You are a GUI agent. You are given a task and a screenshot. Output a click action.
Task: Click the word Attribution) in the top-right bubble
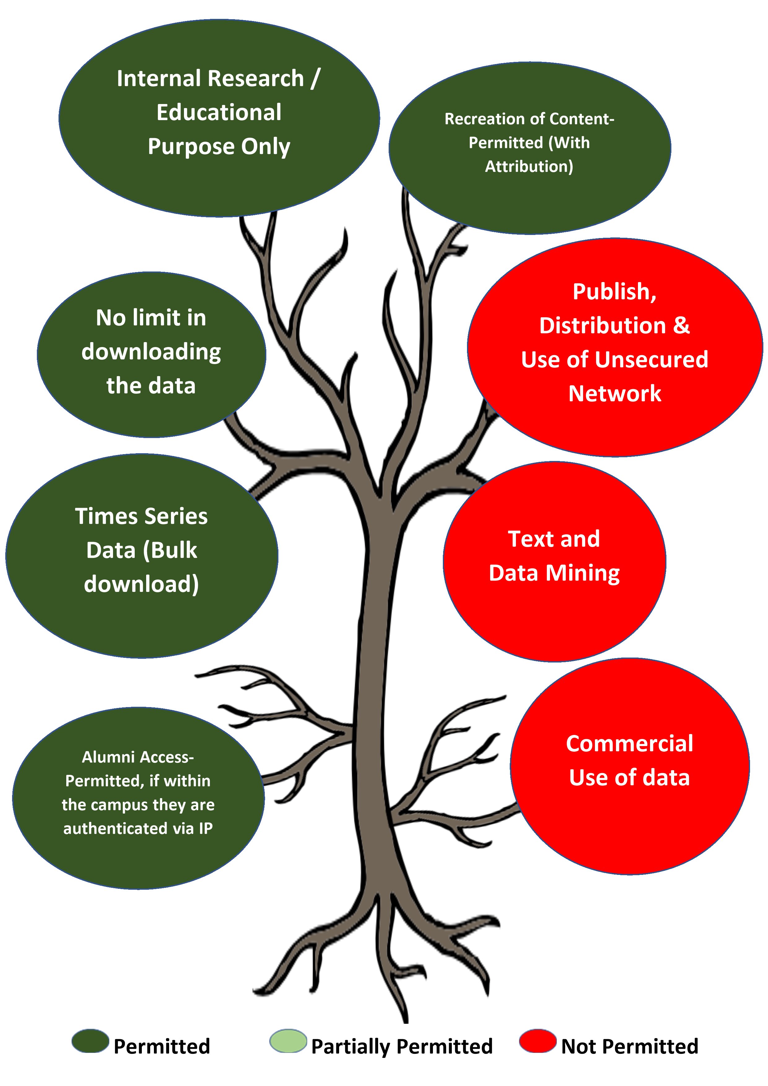[529, 167]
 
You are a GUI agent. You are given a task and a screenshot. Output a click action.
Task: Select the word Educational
[219, 113]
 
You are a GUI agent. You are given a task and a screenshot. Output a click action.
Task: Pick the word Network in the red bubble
[615, 393]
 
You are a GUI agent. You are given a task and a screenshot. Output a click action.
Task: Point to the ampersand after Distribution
[681, 325]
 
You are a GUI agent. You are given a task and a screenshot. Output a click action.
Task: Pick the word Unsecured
[652, 359]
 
